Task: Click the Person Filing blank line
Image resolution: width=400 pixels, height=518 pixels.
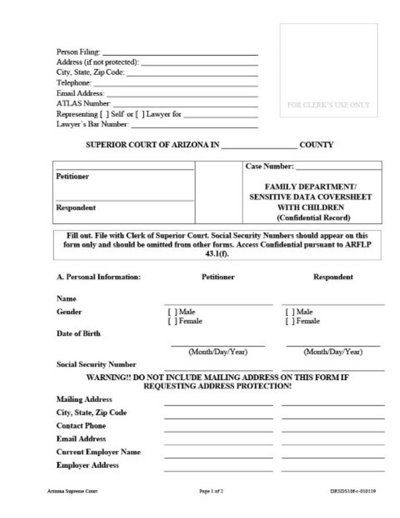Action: (x=180, y=53)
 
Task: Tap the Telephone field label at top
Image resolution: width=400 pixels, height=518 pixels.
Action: (x=73, y=83)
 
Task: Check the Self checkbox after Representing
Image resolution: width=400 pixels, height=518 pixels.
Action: (x=104, y=114)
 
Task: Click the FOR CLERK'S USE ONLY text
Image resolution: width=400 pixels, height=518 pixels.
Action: (x=328, y=105)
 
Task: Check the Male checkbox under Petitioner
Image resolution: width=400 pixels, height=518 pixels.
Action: (x=171, y=312)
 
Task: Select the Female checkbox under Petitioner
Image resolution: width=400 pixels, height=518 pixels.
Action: (x=171, y=321)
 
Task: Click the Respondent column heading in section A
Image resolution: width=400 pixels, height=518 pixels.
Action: (x=333, y=277)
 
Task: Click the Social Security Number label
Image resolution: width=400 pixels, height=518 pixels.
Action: (x=96, y=365)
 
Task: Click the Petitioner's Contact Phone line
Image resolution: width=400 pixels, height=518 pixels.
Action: (x=218, y=430)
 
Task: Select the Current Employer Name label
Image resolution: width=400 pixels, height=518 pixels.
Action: (x=98, y=452)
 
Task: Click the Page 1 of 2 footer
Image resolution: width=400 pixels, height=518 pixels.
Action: (x=211, y=491)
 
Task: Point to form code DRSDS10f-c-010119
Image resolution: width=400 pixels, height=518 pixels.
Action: (x=353, y=491)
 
